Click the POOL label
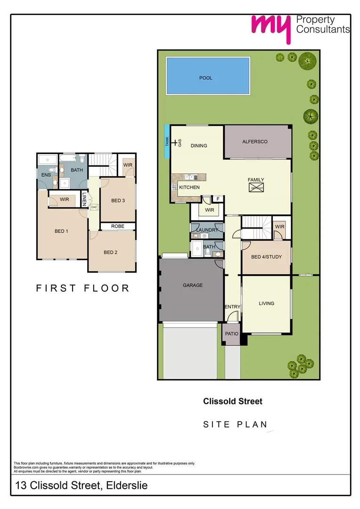pos(206,78)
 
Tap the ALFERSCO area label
pos(255,141)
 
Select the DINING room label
pos(199,146)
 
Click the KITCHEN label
pos(189,187)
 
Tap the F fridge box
pos(218,199)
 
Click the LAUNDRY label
pos(207,230)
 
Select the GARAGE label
pos(193,285)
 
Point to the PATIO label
pos(231,334)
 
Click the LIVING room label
pos(267,304)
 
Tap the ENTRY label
pos(232,307)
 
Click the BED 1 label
pos(62,231)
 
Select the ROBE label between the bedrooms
pos(118,226)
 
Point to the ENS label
pos(46,175)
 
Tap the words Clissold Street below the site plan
pos(233,402)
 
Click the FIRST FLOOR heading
pos(83,288)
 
